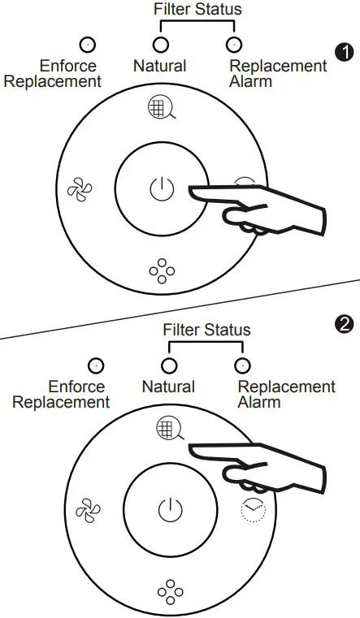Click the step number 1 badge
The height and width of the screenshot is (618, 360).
click(x=345, y=53)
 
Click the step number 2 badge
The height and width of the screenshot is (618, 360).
click(x=344, y=325)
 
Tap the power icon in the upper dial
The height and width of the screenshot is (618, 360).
click(x=162, y=188)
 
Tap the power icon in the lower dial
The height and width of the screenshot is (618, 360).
click(x=171, y=510)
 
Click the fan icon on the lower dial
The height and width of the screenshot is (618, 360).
click(x=88, y=510)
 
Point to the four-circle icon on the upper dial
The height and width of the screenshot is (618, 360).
click(x=162, y=270)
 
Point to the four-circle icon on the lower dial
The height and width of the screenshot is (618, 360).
click(x=171, y=591)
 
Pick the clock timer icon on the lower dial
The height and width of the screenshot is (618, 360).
click(x=253, y=510)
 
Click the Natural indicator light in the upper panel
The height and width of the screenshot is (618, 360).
click(x=160, y=45)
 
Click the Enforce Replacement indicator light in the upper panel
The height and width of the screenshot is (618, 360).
click(x=88, y=45)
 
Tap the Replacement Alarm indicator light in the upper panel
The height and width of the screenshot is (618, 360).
click(x=234, y=45)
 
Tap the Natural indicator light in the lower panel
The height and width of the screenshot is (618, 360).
click(x=169, y=365)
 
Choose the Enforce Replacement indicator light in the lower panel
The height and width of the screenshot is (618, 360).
click(x=96, y=365)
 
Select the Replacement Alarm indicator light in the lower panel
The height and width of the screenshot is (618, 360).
click(x=242, y=365)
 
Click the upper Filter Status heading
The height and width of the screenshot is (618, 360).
click(x=197, y=9)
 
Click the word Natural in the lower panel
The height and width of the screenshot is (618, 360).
click(x=168, y=387)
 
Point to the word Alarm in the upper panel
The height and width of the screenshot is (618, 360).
click(x=251, y=81)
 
